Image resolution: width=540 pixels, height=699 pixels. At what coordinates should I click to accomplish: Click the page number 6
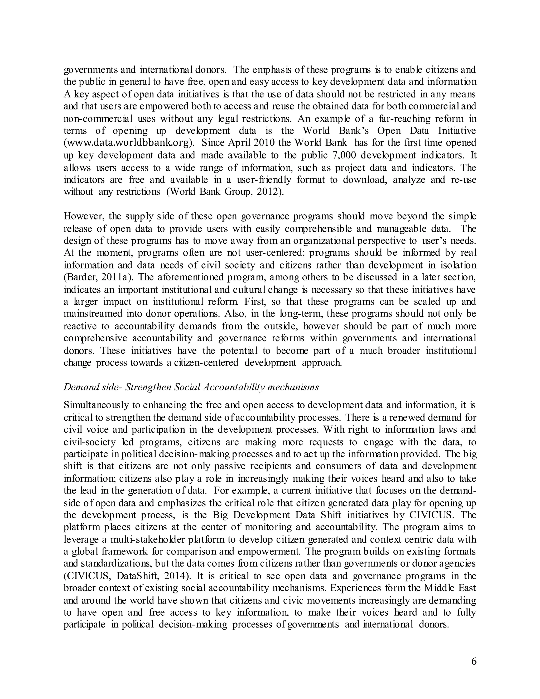click(x=474, y=662)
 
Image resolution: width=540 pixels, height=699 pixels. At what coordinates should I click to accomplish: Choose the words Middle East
click(x=450, y=588)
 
